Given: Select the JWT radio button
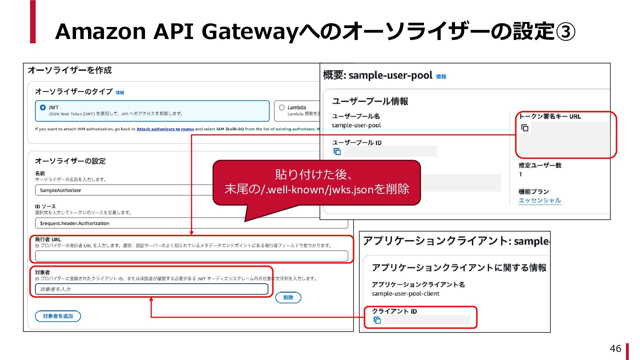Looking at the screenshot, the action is tap(43, 108).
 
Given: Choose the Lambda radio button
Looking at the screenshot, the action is tap(282, 108).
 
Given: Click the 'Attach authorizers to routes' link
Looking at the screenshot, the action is tap(165, 129).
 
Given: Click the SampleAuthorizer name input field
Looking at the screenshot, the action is tap(123, 190).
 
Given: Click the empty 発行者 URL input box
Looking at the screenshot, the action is tap(191, 256).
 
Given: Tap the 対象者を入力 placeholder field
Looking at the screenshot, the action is tap(151, 289).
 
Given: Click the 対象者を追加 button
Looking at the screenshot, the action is tap(58, 316).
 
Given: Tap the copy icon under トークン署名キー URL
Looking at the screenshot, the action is tap(525, 128).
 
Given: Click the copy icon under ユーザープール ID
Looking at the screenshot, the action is tap(337, 152).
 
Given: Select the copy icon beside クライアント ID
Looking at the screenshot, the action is tap(377, 320).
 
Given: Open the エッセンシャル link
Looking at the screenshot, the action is tap(539, 200).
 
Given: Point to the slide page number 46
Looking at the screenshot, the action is tap(615, 349).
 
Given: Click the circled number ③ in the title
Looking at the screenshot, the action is tap(565, 32).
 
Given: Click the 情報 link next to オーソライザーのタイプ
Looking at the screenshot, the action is tap(120, 93).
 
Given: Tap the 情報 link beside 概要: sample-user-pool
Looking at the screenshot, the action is tap(441, 77).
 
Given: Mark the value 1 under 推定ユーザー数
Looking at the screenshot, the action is tap(520, 174).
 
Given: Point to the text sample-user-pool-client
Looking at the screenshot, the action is tap(405, 294).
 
